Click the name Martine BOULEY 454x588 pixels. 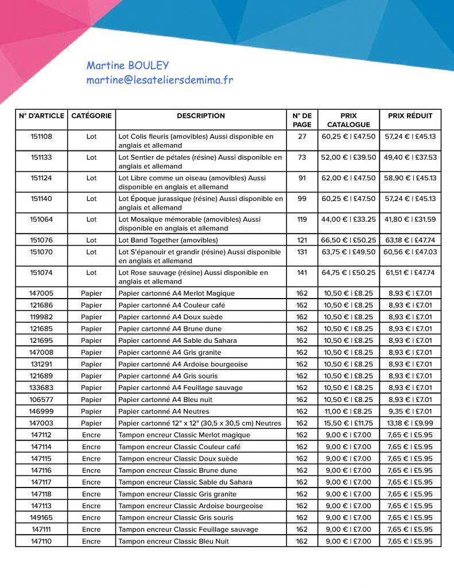127,65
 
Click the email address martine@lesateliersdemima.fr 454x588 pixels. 160,80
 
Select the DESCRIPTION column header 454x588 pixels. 201,116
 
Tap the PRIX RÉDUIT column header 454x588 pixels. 410,116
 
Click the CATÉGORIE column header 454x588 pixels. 91,116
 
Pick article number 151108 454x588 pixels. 41,137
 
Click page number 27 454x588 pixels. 302,137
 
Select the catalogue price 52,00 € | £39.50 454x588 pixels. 348,157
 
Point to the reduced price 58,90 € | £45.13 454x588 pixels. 410,178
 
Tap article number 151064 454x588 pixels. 41,219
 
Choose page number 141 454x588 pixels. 302,273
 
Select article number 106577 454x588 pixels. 41,400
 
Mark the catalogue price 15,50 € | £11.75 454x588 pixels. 348,423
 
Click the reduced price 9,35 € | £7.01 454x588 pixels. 410,411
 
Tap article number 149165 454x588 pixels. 41,517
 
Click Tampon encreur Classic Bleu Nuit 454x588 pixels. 173,541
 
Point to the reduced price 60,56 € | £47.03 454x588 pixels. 410,252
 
